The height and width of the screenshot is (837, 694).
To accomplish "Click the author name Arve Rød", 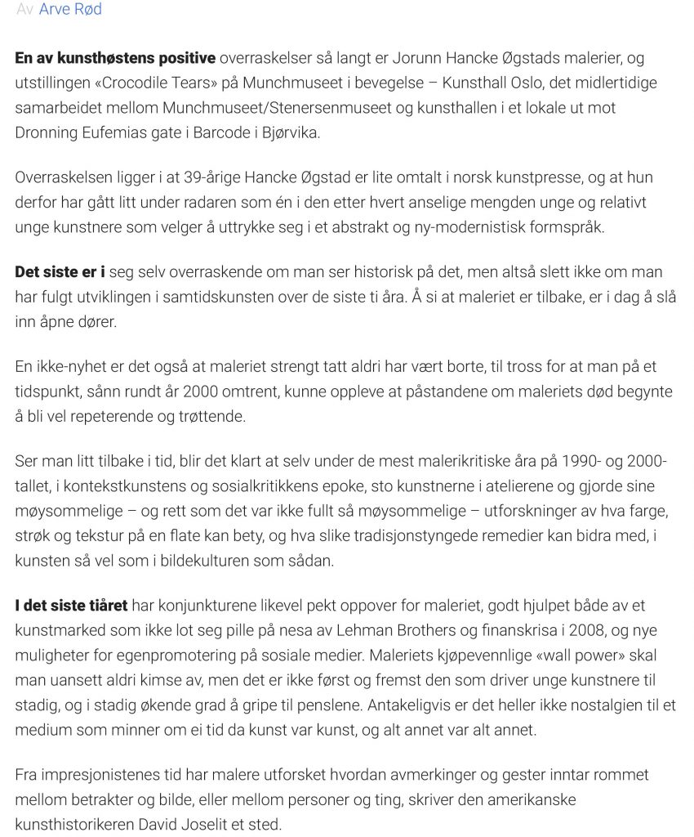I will point(70,10).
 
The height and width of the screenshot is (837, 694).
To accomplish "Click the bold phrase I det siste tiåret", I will point(72,606).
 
